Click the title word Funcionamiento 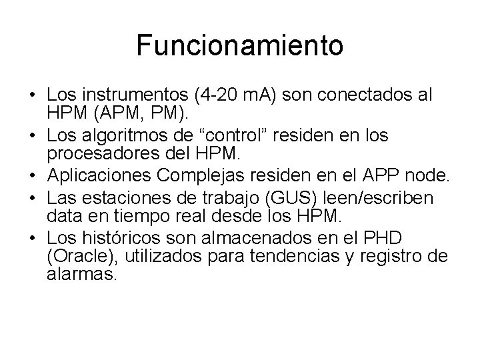(x=240, y=46)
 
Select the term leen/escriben (x=375, y=197)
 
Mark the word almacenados (x=270, y=238)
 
